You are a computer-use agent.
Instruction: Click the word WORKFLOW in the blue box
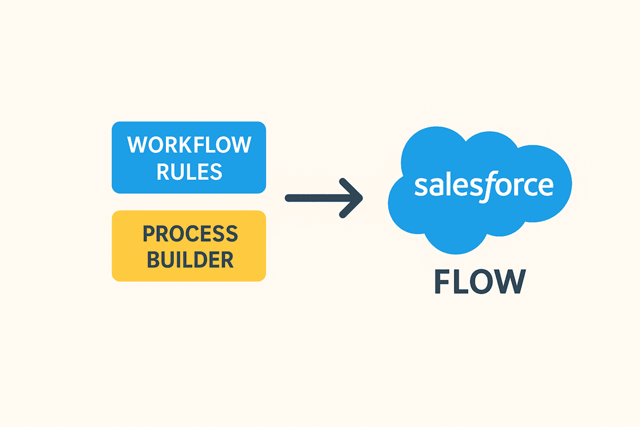click(189, 145)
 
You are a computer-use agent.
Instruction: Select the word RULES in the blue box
click(189, 171)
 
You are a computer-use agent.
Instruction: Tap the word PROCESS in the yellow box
click(190, 234)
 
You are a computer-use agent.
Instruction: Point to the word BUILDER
click(190, 259)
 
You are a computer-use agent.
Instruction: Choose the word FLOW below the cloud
click(479, 282)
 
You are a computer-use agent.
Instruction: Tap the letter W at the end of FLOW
click(510, 282)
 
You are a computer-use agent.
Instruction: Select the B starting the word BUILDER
click(153, 259)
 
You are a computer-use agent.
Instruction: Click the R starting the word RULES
click(162, 171)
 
